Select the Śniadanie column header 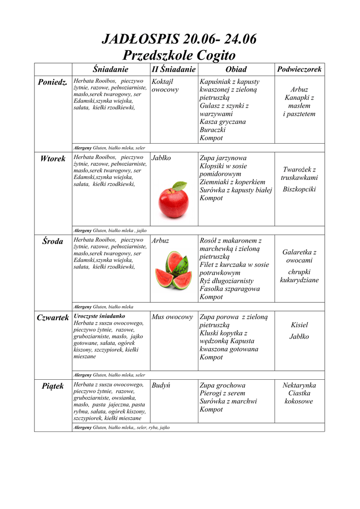tap(111, 70)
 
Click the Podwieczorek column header tap(299, 70)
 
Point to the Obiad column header tap(236, 70)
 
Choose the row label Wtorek tap(53, 159)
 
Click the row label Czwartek tap(53, 318)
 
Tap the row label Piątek tap(53, 386)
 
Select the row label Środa tap(53, 242)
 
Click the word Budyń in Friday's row tap(161, 386)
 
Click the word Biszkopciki tap(299, 189)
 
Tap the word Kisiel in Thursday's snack tap(299, 325)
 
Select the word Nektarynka tap(299, 386)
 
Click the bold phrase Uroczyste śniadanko tap(99, 316)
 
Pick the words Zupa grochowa tap(222, 386)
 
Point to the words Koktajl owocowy tap(165, 85)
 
